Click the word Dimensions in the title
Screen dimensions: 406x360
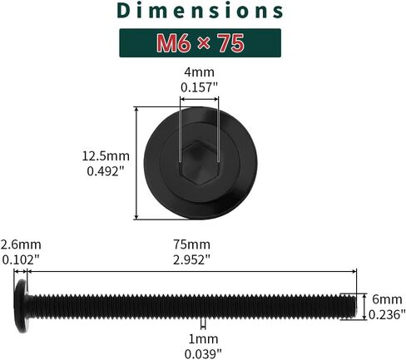(x=200, y=11)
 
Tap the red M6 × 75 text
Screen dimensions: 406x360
(x=201, y=43)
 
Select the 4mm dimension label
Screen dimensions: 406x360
(x=199, y=72)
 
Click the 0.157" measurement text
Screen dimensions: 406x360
(x=199, y=88)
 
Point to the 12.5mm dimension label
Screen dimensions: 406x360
(x=106, y=156)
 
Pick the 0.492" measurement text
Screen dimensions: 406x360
(x=105, y=171)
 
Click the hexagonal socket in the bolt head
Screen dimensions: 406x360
(x=199, y=162)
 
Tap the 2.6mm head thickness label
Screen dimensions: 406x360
(x=21, y=244)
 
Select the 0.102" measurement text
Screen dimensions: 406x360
(x=21, y=260)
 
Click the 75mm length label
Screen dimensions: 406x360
(x=192, y=244)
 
